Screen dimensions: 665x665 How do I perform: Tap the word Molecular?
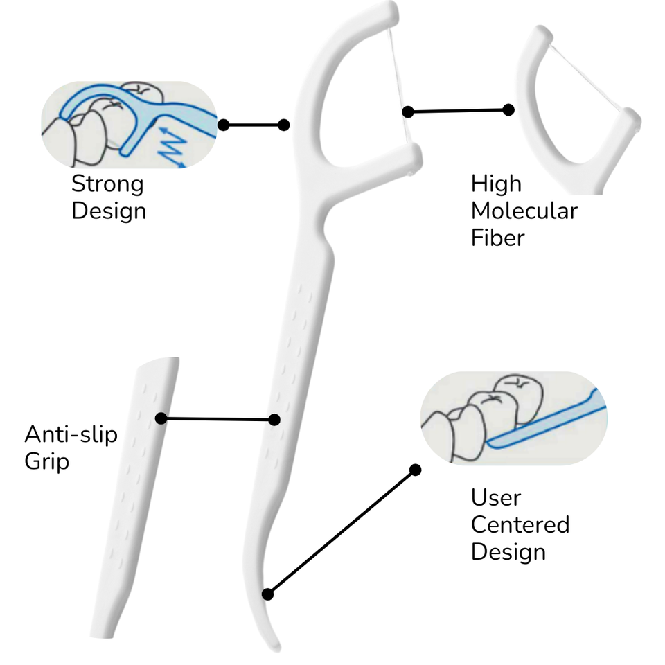(524, 211)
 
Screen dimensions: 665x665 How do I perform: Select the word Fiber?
(497, 238)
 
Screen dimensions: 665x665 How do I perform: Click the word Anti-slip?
(71, 434)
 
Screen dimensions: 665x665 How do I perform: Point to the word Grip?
(46, 462)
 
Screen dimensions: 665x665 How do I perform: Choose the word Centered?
(520, 524)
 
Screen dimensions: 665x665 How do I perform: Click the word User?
(496, 497)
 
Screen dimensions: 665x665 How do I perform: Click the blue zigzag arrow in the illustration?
(172, 146)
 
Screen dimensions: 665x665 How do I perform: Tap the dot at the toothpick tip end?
(267, 594)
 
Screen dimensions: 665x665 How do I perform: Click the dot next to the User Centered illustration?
(416, 470)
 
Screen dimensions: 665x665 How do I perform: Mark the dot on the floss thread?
(407, 112)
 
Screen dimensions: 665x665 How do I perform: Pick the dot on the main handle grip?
(274, 420)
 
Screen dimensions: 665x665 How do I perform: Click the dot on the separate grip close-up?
(161, 418)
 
